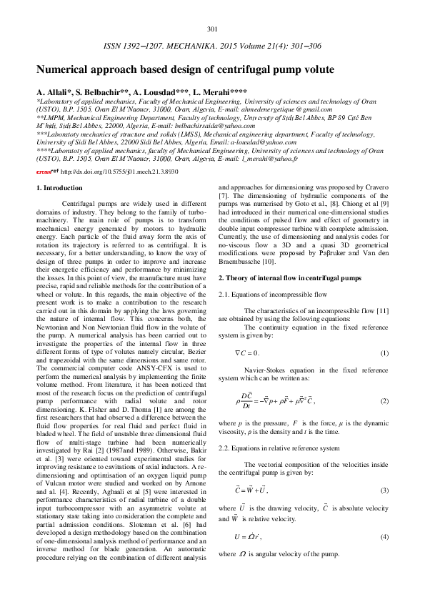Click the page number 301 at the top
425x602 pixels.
(x=211, y=29)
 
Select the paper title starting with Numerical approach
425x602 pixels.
(x=185, y=71)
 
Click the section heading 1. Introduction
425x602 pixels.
(x=59, y=188)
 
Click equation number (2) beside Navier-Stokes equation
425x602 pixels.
(x=384, y=401)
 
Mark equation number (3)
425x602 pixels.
(x=384, y=490)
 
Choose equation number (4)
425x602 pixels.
(x=384, y=536)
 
